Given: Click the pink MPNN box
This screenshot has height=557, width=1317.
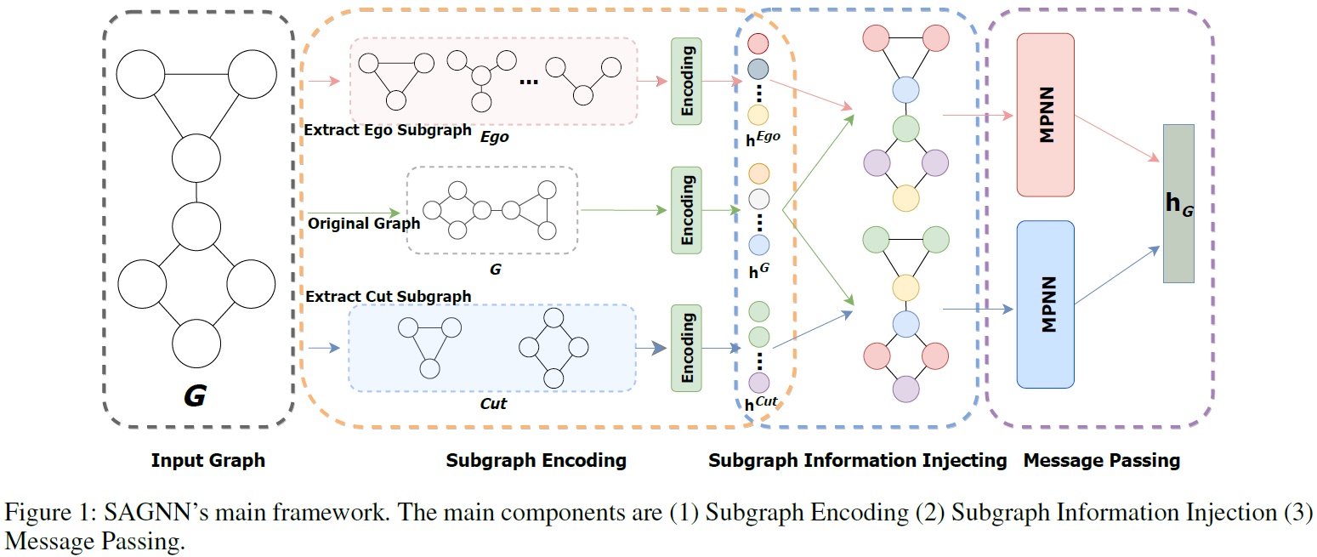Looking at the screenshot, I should tap(1045, 115).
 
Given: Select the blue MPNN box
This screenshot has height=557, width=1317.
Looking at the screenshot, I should tap(1045, 304).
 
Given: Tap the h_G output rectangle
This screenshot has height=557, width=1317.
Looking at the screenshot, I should tap(1178, 204).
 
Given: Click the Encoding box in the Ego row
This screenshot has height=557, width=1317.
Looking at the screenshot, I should tap(687, 81).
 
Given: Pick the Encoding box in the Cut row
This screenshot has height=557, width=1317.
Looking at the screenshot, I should tap(687, 348).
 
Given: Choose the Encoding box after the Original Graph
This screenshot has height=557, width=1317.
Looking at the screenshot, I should tap(687, 210).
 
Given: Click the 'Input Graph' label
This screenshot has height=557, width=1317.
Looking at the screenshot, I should tap(208, 461).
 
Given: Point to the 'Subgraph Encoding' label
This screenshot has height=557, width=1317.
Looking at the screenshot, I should tap(536, 461).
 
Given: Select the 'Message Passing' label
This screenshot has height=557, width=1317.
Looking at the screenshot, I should tap(1101, 461).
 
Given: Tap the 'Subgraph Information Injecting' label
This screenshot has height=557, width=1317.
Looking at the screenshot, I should tap(857, 461).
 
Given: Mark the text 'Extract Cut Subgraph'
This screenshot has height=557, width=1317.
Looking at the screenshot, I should tap(388, 297).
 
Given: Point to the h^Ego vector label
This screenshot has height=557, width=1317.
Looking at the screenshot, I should tap(763, 139).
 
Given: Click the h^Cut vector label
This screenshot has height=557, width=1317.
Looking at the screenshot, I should tap(762, 405).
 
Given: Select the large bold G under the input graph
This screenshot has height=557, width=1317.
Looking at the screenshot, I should tap(195, 395).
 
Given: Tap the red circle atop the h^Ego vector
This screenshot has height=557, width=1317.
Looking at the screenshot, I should tap(758, 43).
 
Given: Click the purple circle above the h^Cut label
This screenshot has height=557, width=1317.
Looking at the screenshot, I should tap(758, 383).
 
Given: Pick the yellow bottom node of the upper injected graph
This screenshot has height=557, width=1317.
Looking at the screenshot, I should tap(906, 198).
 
